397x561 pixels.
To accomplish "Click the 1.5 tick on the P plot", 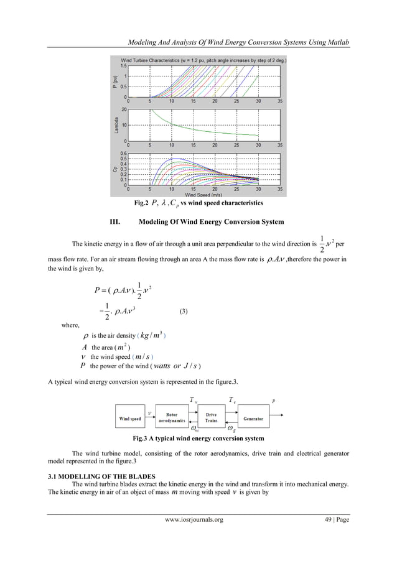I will (x=123, y=65).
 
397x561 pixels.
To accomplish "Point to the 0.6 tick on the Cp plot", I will (x=123, y=153).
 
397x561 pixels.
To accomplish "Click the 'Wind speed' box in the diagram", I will (x=130, y=419).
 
